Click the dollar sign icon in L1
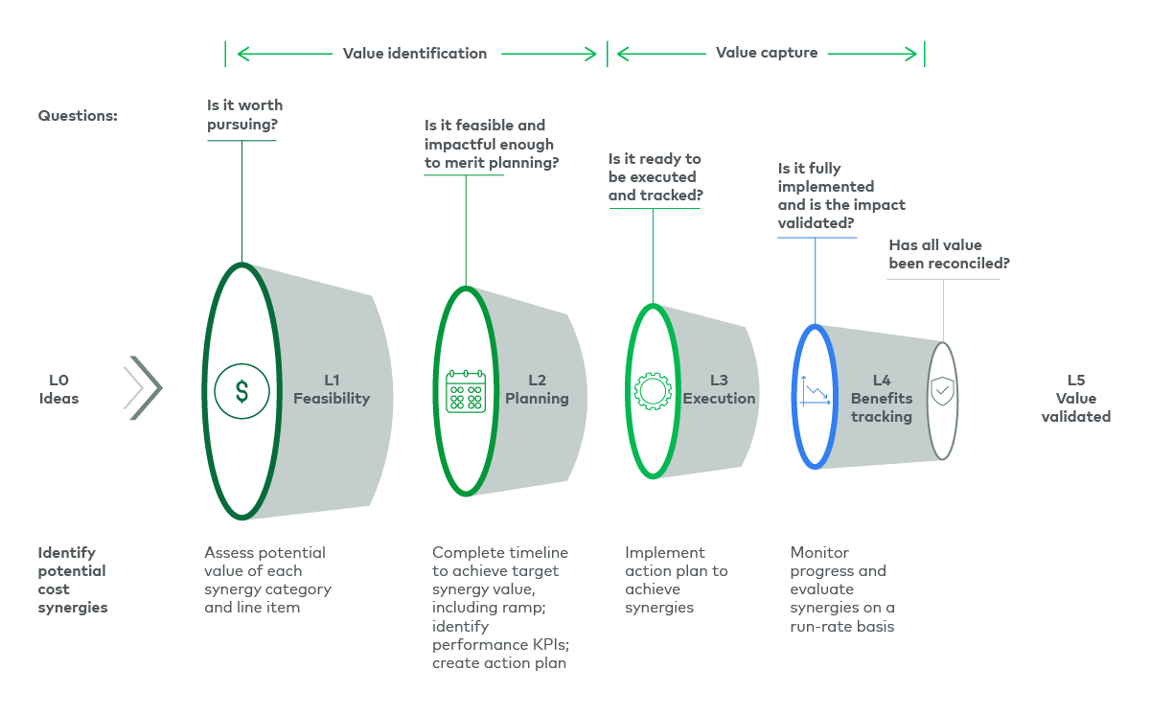point(241,391)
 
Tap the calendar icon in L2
point(466,391)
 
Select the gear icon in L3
point(653,391)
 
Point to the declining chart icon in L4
point(816,391)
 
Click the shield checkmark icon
point(943,391)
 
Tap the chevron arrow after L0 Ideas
point(144,388)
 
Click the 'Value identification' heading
point(415,54)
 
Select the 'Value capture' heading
point(767,53)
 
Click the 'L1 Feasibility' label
point(332,389)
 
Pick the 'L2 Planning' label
point(537,389)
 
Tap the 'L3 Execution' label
point(719,389)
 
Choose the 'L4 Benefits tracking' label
point(882,398)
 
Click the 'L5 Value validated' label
point(1075,398)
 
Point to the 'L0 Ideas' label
point(58,389)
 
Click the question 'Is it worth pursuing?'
point(245,114)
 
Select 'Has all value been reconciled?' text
point(949,254)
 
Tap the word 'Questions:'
point(78,115)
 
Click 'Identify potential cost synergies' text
point(73,580)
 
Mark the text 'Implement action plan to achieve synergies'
point(676,580)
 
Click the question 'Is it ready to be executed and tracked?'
point(655,177)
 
